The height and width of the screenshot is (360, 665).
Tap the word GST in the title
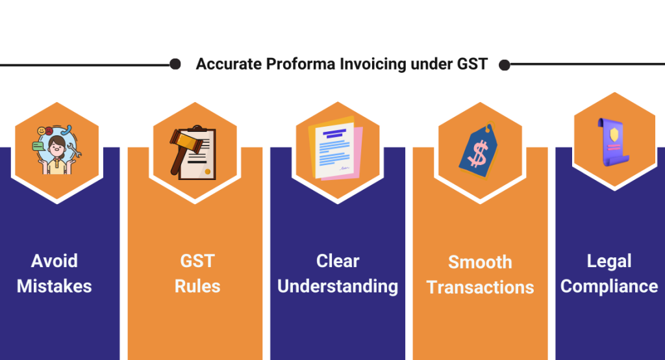click(471, 65)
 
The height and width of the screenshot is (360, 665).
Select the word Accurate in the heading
click(229, 65)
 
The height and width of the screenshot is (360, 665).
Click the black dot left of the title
click(175, 64)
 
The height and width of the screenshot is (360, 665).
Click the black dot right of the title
click(505, 64)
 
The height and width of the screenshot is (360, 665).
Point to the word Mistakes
click(55, 286)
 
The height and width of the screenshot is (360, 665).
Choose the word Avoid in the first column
click(55, 261)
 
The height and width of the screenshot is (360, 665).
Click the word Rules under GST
click(197, 286)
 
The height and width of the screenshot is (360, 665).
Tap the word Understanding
click(338, 286)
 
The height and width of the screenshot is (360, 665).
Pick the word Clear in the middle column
click(338, 261)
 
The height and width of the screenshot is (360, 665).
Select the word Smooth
click(480, 263)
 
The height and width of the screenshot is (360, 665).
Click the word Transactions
click(480, 287)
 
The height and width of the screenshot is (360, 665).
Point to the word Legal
click(609, 261)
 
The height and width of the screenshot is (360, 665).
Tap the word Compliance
click(609, 286)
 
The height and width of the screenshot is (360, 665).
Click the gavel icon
click(182, 146)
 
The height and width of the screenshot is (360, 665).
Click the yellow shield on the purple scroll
click(614, 134)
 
